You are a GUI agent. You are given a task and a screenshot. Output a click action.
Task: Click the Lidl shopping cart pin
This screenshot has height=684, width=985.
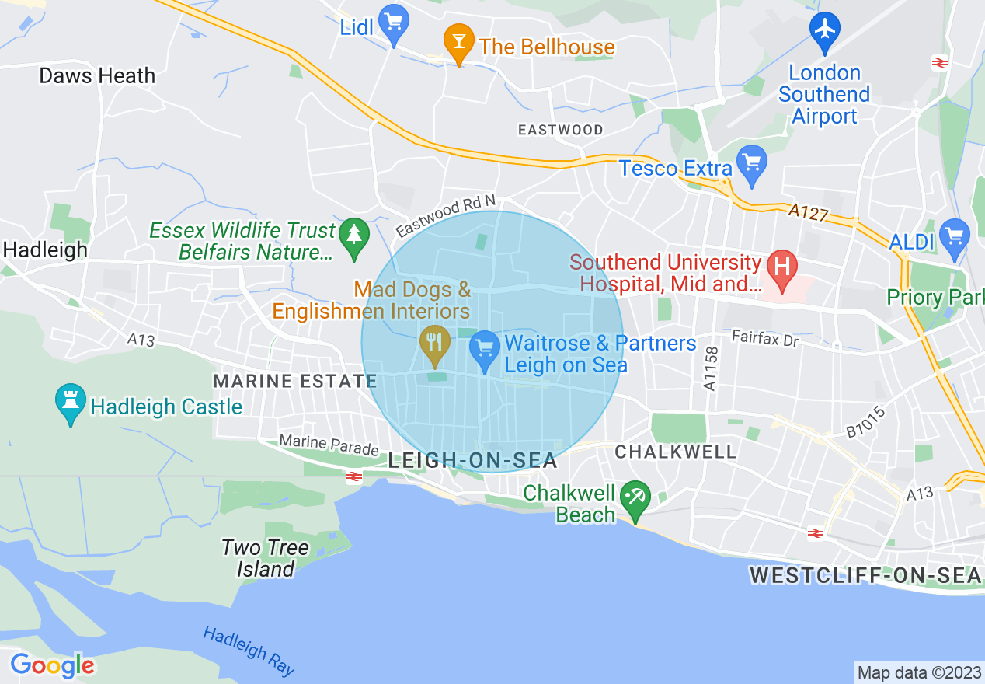[395, 26]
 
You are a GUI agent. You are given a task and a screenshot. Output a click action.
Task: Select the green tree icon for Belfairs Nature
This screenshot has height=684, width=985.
[354, 236]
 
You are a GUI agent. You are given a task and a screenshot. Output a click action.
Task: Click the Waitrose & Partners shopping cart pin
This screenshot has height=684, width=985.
[485, 349]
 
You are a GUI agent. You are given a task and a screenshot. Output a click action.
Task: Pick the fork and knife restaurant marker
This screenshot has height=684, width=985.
[434, 345]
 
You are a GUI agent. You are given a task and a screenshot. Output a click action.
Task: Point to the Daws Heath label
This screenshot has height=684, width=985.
[97, 76]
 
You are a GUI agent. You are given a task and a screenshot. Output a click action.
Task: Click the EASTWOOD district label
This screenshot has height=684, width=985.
[560, 130]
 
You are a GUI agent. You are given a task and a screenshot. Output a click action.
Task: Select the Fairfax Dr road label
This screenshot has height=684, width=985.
[764, 339]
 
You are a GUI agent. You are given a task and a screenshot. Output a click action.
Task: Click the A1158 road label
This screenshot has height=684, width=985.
[708, 369]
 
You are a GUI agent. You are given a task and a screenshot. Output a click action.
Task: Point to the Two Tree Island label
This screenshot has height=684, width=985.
[265, 558]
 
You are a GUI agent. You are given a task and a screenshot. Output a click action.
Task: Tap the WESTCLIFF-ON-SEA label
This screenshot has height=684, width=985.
[865, 576]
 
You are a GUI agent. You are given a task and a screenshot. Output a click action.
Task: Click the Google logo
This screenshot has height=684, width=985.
[52, 665]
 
